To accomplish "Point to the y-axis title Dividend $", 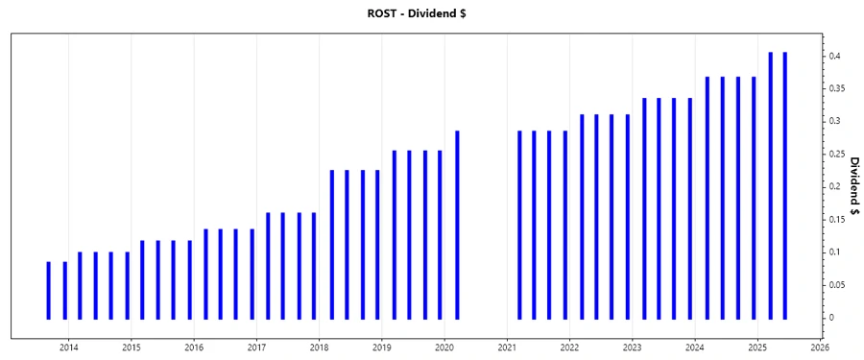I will click(853, 186).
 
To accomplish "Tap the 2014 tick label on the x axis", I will click(69, 347).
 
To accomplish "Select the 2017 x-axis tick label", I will click(256, 347).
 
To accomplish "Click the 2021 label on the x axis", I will click(507, 347).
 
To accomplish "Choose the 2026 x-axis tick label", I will click(820, 347).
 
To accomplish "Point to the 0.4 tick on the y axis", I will click(838, 57).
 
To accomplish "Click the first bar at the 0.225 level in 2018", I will click(331, 244).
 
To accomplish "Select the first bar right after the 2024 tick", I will click(708, 197).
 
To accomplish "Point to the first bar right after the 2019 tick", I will click(394, 233).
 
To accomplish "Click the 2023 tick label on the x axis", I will click(632, 347).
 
